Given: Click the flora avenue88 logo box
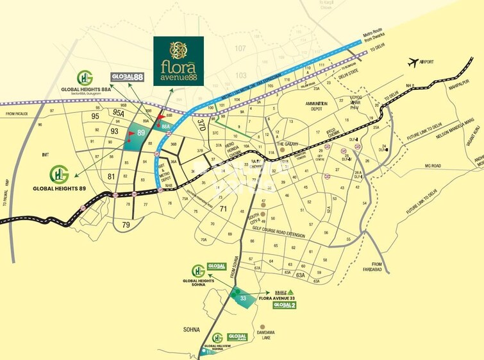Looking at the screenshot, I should tap(178, 61).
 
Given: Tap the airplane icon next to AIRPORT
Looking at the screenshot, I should tap(412, 62).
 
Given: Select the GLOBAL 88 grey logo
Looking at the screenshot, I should tap(125, 76).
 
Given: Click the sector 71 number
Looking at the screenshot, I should tap(224, 209).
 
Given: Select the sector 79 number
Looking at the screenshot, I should tap(126, 224).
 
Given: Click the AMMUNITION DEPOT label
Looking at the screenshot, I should tap(316, 106).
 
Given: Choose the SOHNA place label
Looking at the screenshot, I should tap(192, 329).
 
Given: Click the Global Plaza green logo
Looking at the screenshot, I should tap(237, 337).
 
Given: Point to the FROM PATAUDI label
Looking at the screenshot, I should tap(20, 114).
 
